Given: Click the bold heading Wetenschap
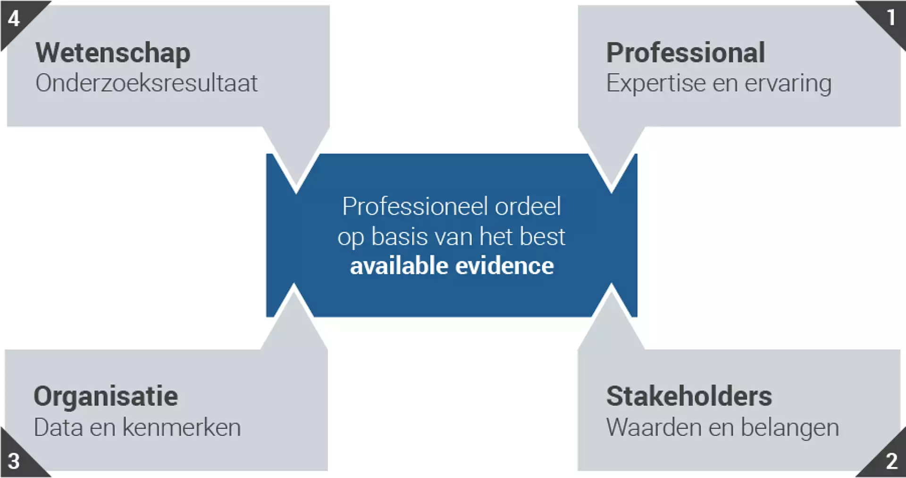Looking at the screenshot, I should tap(113, 53).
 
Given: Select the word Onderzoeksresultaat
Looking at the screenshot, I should tap(146, 83).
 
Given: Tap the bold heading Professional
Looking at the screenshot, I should tap(685, 52).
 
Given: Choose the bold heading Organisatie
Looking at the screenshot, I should tap(106, 396).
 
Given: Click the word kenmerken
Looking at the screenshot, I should tap(182, 428).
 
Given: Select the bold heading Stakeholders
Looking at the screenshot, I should tap(689, 396).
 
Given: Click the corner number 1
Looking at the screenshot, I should tap(890, 18).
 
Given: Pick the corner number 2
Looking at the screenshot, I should tap(891, 461).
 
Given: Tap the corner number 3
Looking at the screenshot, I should tap(14, 461).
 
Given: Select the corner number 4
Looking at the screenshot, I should tap(14, 18).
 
